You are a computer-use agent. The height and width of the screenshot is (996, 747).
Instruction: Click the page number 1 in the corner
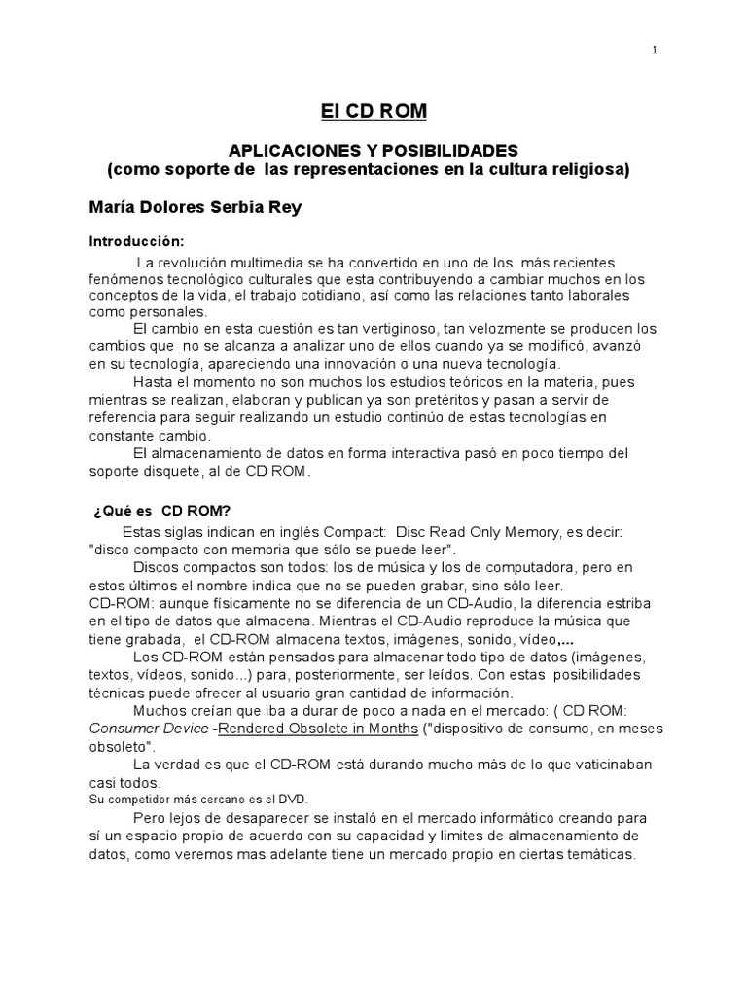(655, 52)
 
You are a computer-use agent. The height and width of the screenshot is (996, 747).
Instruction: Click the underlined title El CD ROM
(373, 112)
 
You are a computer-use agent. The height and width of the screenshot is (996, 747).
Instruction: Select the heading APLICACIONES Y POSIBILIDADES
(373, 151)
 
